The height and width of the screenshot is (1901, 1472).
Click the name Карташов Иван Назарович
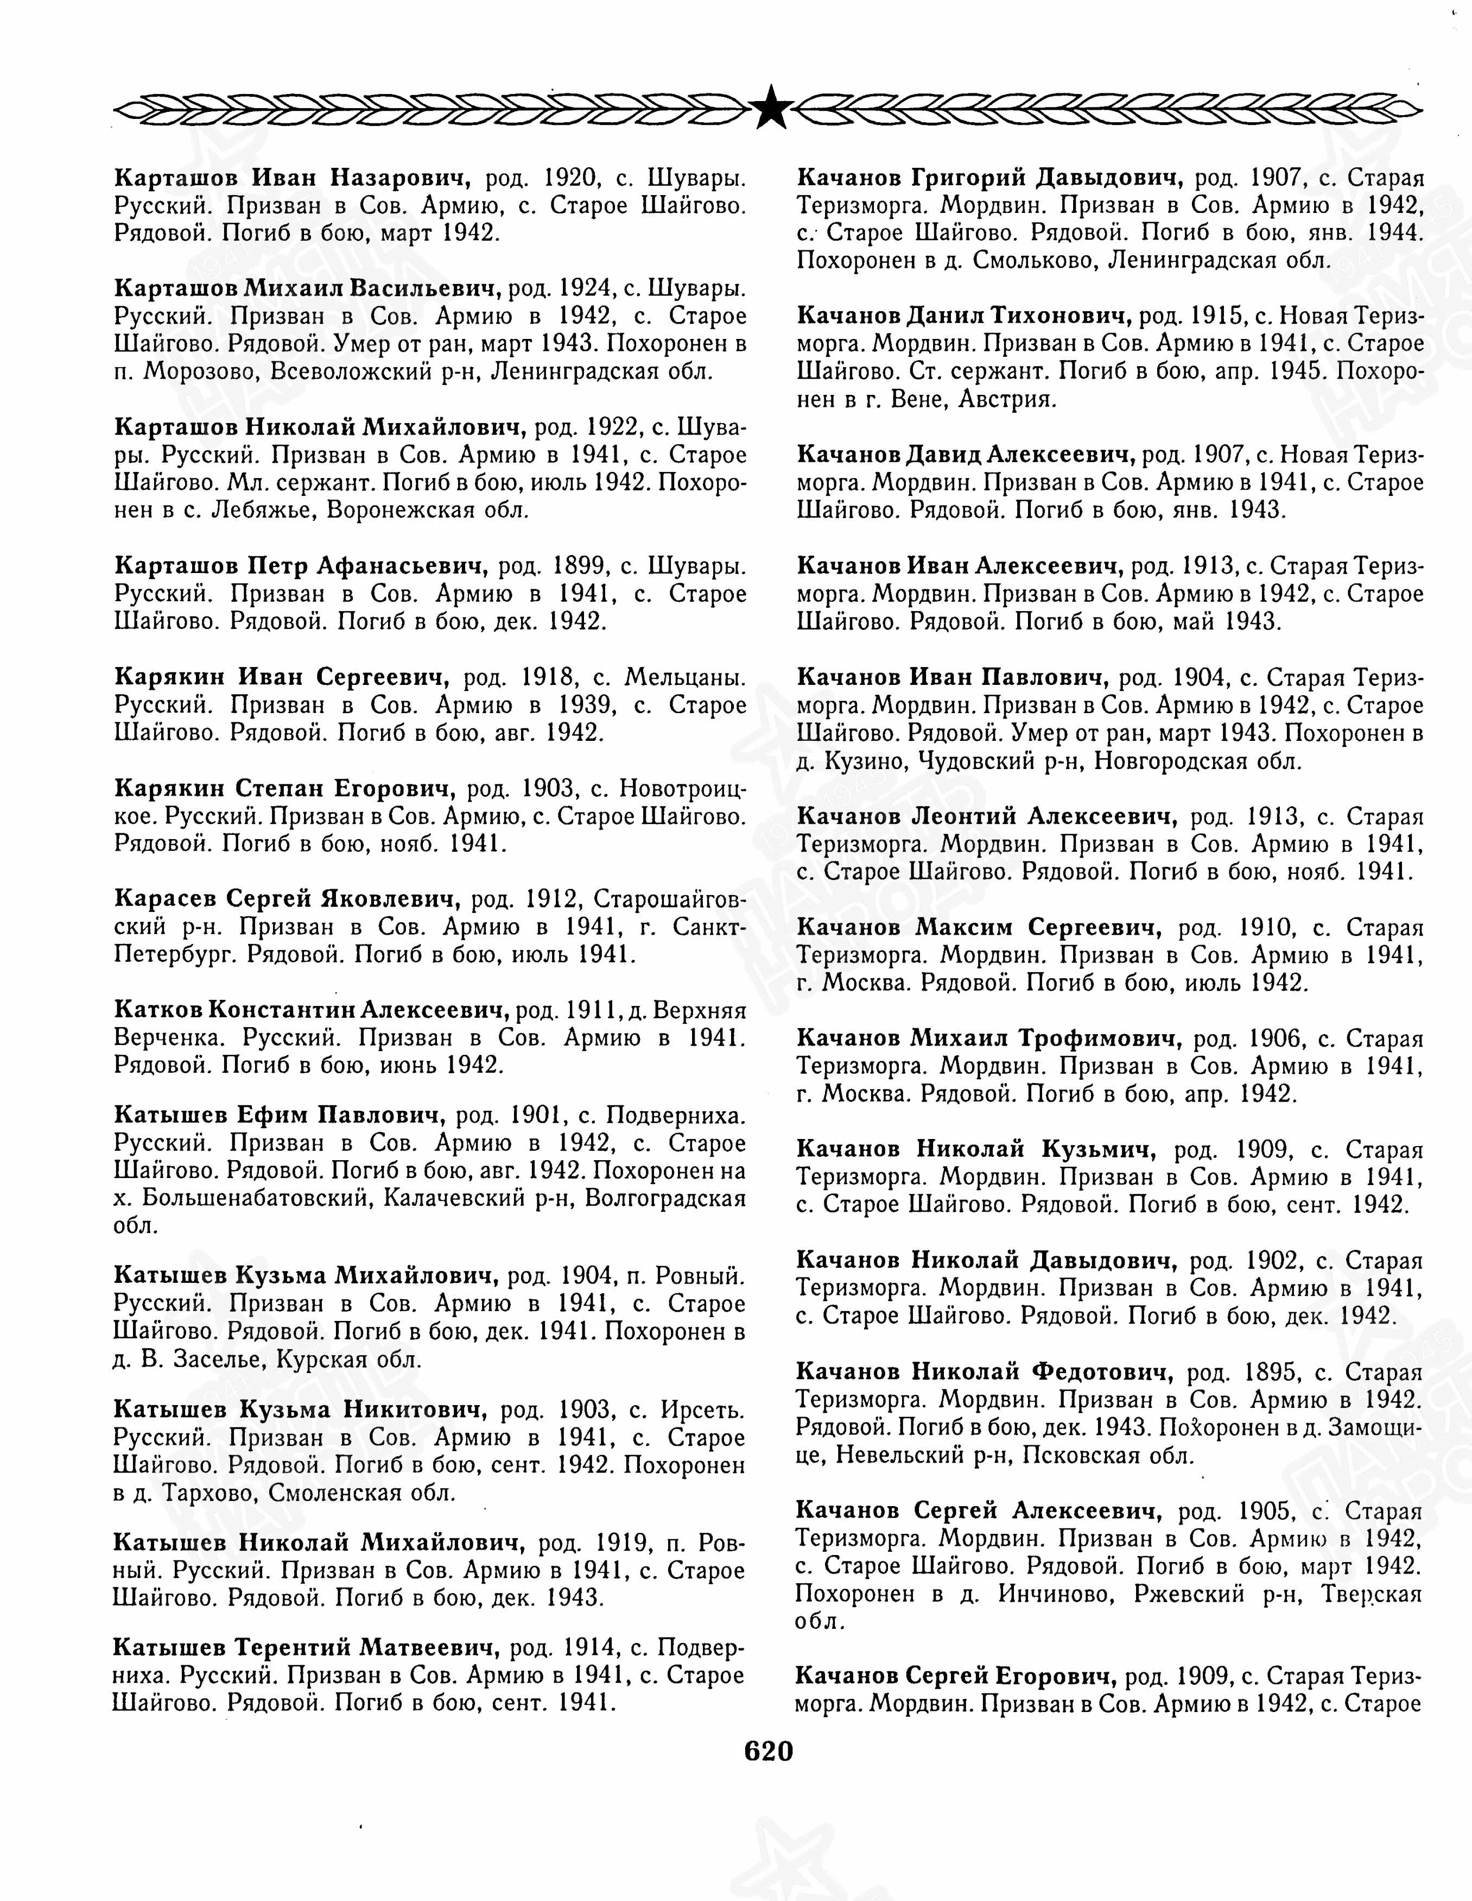[x=293, y=179]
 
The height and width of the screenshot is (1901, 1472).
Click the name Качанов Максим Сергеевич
[x=979, y=928]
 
